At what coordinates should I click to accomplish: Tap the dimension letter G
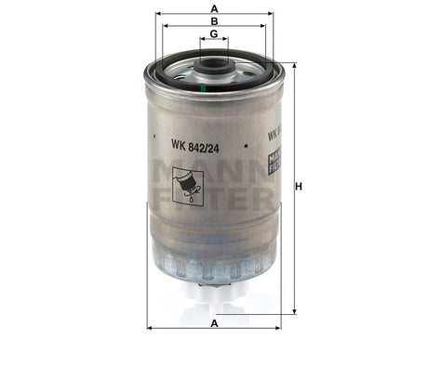[x=215, y=33]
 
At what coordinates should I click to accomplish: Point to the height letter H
[x=299, y=188]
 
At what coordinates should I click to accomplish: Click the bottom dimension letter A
[x=215, y=321]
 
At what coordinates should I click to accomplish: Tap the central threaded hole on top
[x=215, y=66]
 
